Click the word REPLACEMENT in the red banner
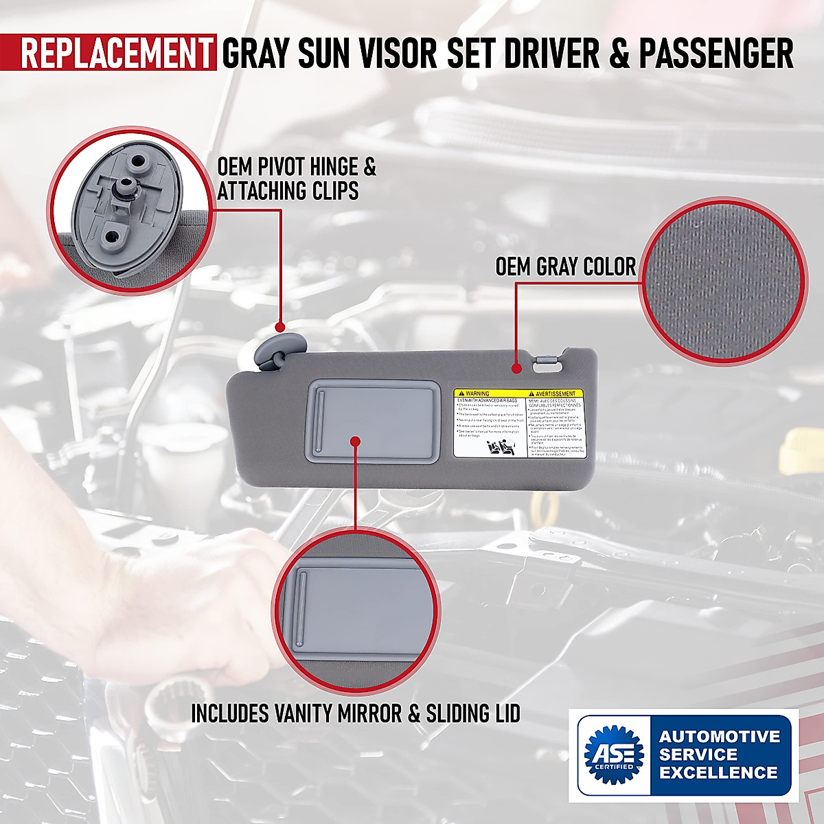(117, 54)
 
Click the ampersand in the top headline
(619, 54)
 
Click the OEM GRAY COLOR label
(566, 266)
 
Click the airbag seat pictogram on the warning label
(499, 449)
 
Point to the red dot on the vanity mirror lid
(355, 440)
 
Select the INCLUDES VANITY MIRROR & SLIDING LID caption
(355, 713)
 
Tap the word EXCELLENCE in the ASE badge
(718, 772)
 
